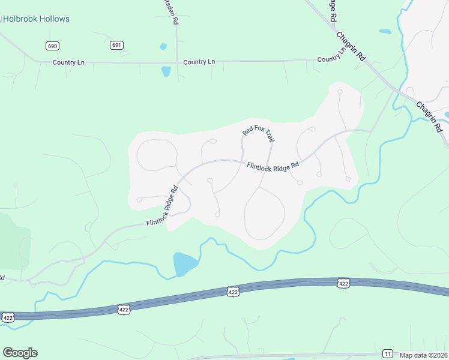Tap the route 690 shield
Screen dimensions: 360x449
(52, 46)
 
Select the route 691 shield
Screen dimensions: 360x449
(116, 45)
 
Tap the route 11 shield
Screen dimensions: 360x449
(388, 353)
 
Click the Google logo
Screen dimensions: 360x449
(20, 353)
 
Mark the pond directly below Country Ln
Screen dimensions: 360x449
(166, 72)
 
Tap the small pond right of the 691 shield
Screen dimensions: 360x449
(163, 46)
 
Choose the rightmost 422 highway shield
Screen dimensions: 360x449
(343, 283)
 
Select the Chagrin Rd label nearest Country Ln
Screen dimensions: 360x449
(351, 46)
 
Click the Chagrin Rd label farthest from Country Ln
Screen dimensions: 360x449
(429, 116)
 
